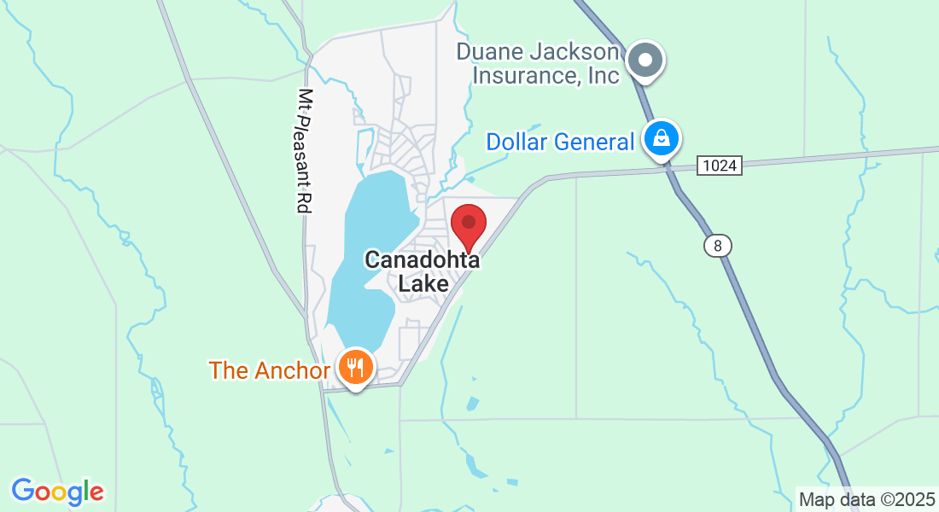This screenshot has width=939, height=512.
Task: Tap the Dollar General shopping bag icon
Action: (661, 137)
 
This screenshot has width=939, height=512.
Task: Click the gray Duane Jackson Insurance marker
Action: (646, 61)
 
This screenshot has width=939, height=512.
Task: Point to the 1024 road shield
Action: (719, 166)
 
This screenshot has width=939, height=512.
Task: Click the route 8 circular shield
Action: (718, 246)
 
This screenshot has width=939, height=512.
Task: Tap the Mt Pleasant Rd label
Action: (303, 150)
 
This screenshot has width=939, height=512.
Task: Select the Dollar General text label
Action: (560, 142)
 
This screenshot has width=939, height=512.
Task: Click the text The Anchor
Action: (269, 370)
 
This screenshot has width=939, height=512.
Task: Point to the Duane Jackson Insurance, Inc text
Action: (538, 63)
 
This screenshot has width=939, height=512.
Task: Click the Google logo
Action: (57, 492)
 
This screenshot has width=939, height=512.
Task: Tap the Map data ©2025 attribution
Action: (866, 499)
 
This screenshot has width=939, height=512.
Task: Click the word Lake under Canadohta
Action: (423, 283)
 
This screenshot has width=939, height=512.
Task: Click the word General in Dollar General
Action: (598, 142)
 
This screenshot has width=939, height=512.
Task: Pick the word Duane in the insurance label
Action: (490, 51)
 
